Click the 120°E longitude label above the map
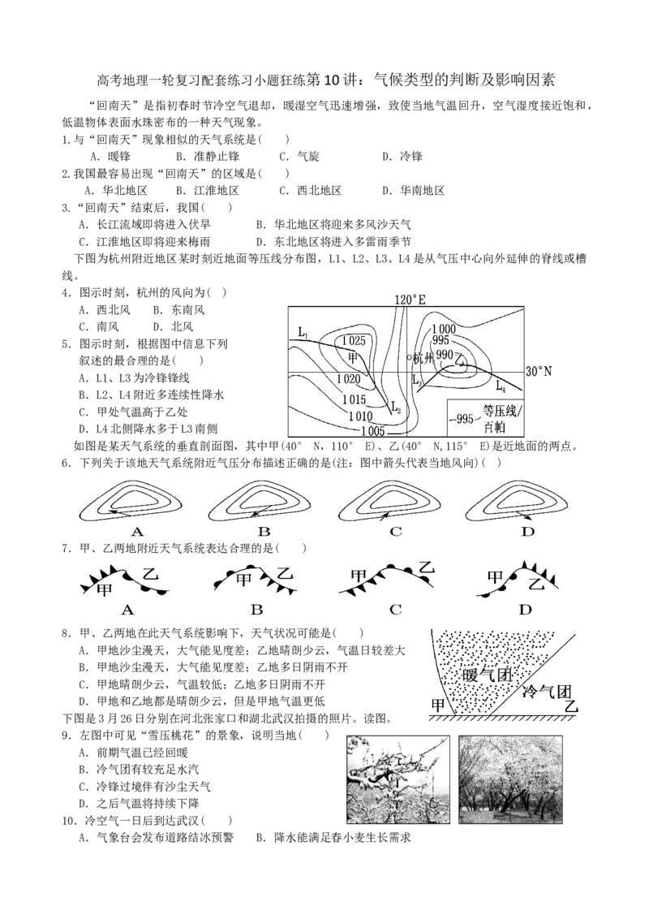click(x=410, y=300)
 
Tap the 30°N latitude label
click(x=539, y=372)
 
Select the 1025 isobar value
click(x=353, y=341)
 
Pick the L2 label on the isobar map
click(x=395, y=406)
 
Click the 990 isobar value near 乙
click(x=445, y=355)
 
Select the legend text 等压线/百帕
click(x=500, y=418)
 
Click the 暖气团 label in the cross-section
click(x=488, y=675)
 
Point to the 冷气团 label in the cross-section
click(x=547, y=692)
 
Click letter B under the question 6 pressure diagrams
click(x=264, y=532)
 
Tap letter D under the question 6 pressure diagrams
click(x=528, y=532)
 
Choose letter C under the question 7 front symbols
click(x=395, y=610)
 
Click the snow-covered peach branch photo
click(x=398, y=780)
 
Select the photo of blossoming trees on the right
click(x=510, y=780)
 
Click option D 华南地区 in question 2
click(x=414, y=191)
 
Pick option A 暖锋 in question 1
click(x=110, y=157)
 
